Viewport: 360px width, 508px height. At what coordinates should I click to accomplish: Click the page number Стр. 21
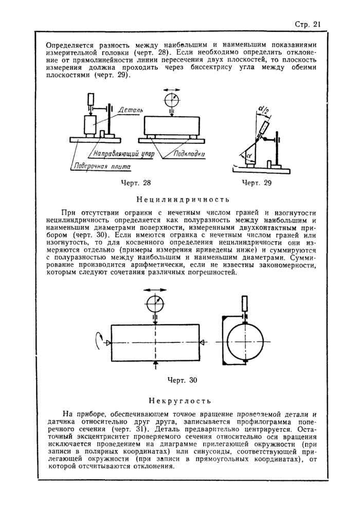tap(308, 24)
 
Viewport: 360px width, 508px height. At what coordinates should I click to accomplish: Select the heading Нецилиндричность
tap(180, 199)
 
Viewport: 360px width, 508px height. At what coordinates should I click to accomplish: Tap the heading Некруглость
tap(180, 400)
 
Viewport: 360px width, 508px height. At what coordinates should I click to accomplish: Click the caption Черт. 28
tap(135, 183)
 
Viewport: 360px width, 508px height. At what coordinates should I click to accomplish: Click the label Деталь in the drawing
tap(130, 110)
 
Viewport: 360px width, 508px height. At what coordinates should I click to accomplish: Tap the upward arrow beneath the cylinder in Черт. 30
tap(155, 365)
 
